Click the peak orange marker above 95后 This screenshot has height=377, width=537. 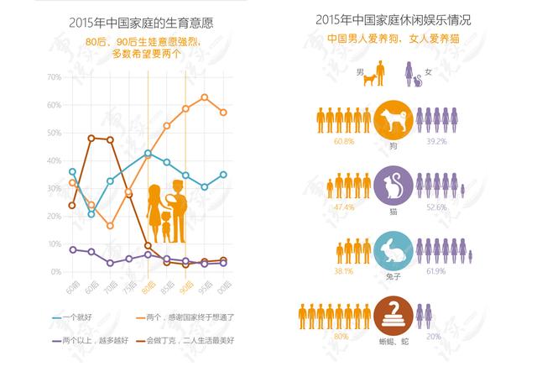204,97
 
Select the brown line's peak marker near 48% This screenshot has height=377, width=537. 91,138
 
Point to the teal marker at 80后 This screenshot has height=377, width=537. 148,154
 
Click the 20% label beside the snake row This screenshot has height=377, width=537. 434,337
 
